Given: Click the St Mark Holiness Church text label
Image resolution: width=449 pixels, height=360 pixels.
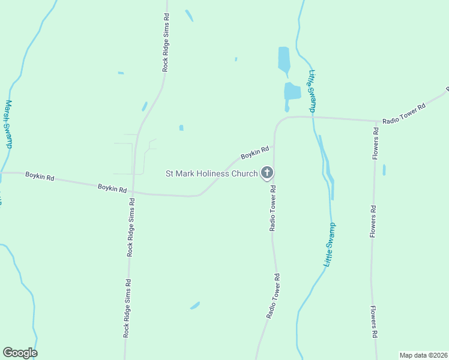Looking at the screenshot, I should point(211,174).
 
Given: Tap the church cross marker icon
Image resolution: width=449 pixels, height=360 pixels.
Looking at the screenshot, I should point(267,173).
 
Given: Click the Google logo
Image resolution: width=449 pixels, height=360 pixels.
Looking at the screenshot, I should point(20,353).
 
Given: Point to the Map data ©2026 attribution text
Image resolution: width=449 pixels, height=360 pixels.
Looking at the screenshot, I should point(424,355).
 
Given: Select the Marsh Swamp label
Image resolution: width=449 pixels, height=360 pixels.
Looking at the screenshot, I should point(8,124).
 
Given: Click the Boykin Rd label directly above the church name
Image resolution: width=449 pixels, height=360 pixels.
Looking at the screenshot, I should point(254,153).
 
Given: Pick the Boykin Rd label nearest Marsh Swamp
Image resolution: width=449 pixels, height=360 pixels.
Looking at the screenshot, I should point(40,178).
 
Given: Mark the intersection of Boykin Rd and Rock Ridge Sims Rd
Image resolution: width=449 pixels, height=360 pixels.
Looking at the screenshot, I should point(133,193).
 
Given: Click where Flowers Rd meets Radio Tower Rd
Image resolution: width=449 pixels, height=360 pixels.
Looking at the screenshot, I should point(376,121).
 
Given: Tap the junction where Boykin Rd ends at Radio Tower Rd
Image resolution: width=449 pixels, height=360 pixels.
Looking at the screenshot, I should point(274,146).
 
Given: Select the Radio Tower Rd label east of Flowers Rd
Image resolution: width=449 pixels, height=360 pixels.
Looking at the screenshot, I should point(403,113).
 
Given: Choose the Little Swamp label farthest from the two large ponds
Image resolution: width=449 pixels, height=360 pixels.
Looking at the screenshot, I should point(330,244).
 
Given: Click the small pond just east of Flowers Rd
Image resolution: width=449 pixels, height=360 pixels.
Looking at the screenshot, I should point(384,170).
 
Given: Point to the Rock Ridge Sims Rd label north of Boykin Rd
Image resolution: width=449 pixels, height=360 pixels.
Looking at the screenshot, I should point(165,43).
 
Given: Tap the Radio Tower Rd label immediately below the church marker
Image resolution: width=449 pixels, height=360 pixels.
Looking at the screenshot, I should point(273,208).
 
